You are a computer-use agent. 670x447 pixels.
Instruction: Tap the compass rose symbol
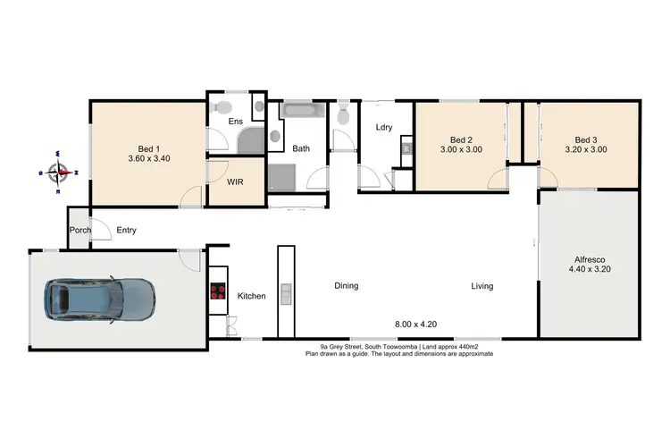click(59, 171)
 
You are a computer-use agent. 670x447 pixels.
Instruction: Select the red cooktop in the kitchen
click(218, 291)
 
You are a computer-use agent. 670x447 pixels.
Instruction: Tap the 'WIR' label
click(236, 182)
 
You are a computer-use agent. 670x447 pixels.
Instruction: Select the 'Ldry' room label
click(384, 127)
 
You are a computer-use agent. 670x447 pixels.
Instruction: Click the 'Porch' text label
click(79, 231)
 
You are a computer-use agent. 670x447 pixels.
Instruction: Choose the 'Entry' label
click(126, 231)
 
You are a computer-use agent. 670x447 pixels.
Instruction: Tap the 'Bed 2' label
click(460, 139)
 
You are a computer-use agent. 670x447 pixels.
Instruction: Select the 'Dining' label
click(346, 286)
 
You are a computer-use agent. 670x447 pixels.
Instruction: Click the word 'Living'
click(482, 286)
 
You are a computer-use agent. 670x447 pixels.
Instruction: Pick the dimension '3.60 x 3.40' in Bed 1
click(149, 159)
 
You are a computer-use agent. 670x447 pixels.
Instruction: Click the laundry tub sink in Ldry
click(405, 148)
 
